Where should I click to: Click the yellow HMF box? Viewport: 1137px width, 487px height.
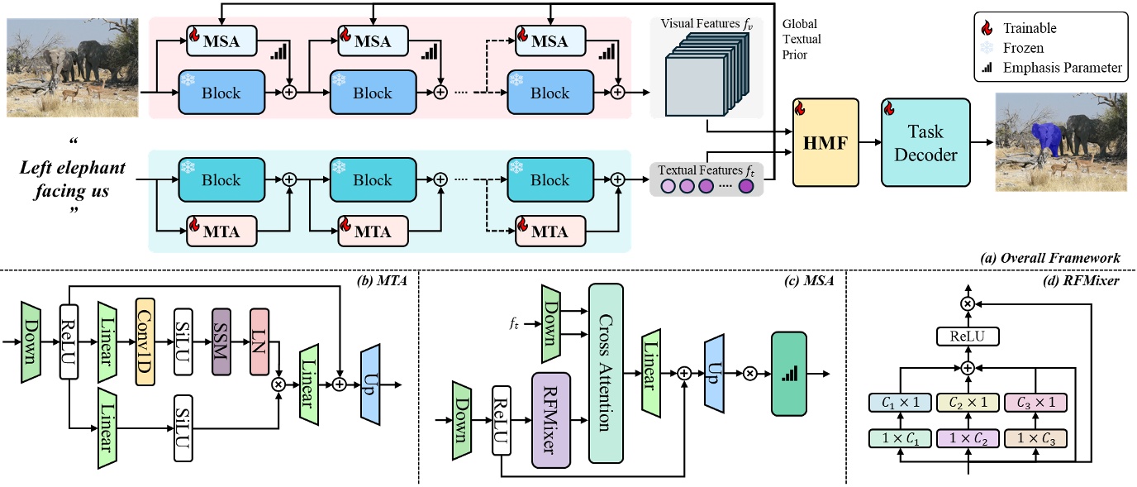coord(825,141)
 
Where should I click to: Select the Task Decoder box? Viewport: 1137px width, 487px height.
coord(925,141)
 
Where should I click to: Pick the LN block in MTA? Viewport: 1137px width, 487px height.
coord(259,339)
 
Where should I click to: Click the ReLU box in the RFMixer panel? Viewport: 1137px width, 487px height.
coord(967,337)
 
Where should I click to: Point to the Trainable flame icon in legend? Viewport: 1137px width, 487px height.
coord(988,29)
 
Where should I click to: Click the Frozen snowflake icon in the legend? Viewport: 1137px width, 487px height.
coord(988,48)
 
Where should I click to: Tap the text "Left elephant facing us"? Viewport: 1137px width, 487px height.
coord(73,179)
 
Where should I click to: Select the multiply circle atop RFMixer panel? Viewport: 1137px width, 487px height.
coord(967,303)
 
